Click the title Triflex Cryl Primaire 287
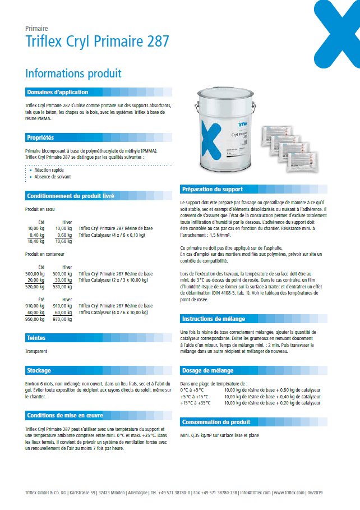[x=97, y=42]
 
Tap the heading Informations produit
[x=73, y=73]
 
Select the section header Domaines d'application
[x=57, y=92]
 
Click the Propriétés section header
[x=40, y=137]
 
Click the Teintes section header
[x=36, y=338]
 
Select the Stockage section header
[x=39, y=370]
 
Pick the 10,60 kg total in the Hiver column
[x=63, y=241]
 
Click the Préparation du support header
[x=212, y=189]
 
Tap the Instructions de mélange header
[x=214, y=319]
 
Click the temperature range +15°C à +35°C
[x=195, y=402]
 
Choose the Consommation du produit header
[x=216, y=422]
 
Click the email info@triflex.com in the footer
[x=255, y=492]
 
